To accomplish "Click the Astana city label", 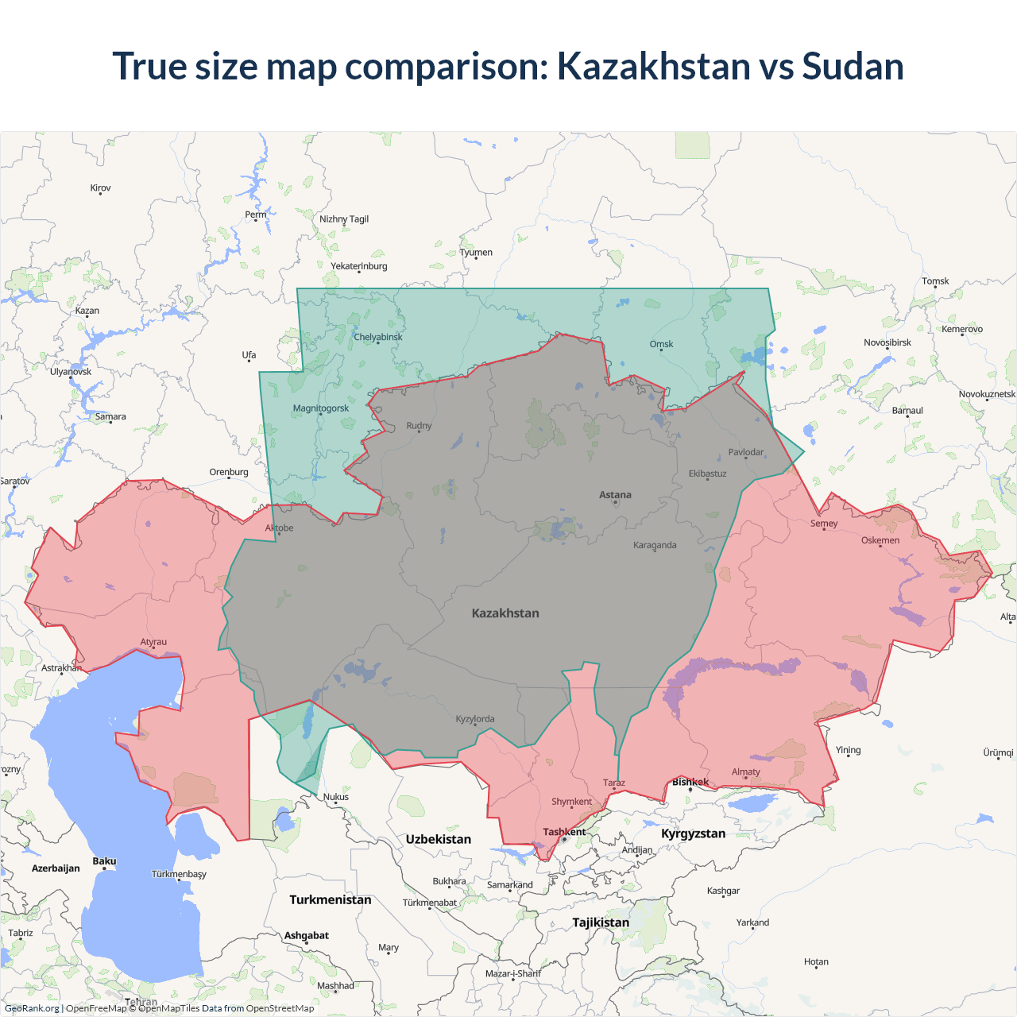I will coord(615,495).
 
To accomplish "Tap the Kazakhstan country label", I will coord(505,613).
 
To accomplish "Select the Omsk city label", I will coord(661,344).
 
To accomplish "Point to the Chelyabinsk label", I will coord(378,337).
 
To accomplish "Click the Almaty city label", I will coord(745,771).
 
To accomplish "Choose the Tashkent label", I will coord(564,832).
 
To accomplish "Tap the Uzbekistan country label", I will coord(438,839).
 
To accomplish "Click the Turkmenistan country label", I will coord(331,899).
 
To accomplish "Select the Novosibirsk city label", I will coord(887,342).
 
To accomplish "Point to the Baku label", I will coord(104,861).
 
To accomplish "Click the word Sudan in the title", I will coord(853,66).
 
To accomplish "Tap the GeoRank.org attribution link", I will coord(32,1008).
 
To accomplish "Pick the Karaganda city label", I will coord(655,545).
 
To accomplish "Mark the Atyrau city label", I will coord(153,642).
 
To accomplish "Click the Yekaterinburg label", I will coord(359,266).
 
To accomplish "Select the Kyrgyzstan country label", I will coord(693,833).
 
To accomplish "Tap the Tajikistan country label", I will coord(601,922).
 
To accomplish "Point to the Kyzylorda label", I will coord(475,719).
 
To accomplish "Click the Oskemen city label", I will coord(880,540).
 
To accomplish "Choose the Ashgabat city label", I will coord(307,935).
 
